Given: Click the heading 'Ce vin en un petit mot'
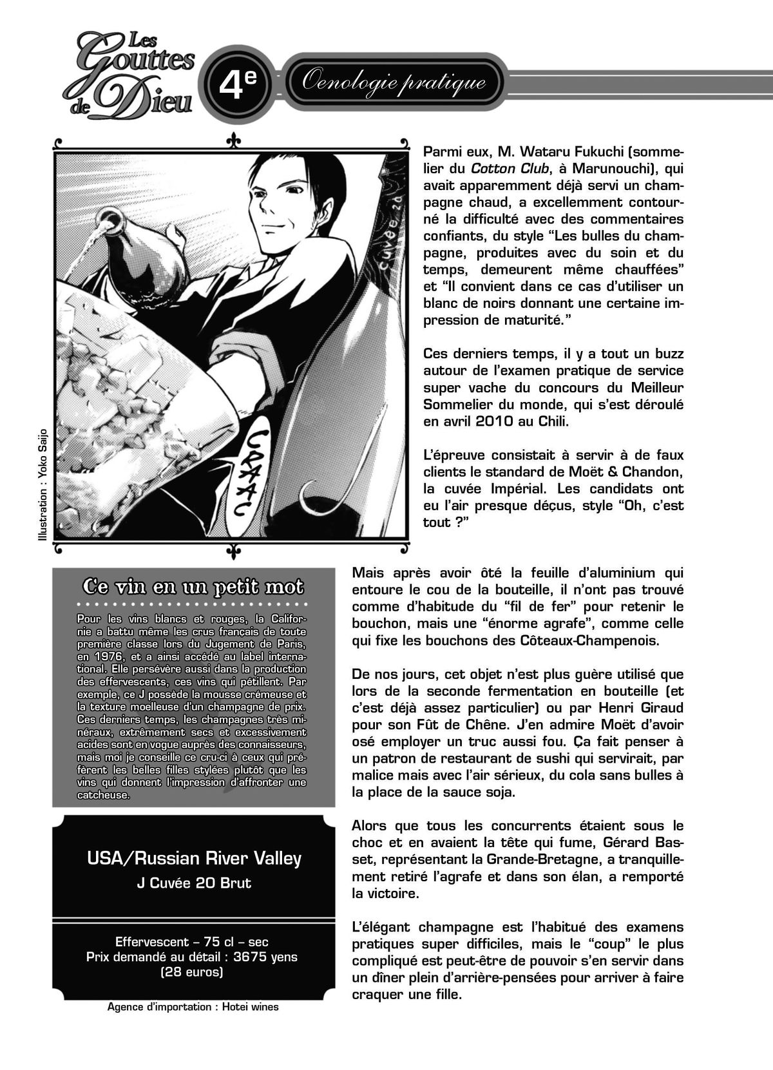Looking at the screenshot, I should click(193, 588).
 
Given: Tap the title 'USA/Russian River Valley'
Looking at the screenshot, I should click(194, 859).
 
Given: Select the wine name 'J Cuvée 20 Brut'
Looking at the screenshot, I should click(194, 883).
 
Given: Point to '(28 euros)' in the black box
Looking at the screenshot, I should click(192, 971).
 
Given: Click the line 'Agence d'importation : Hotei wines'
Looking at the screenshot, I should click(193, 1007).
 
